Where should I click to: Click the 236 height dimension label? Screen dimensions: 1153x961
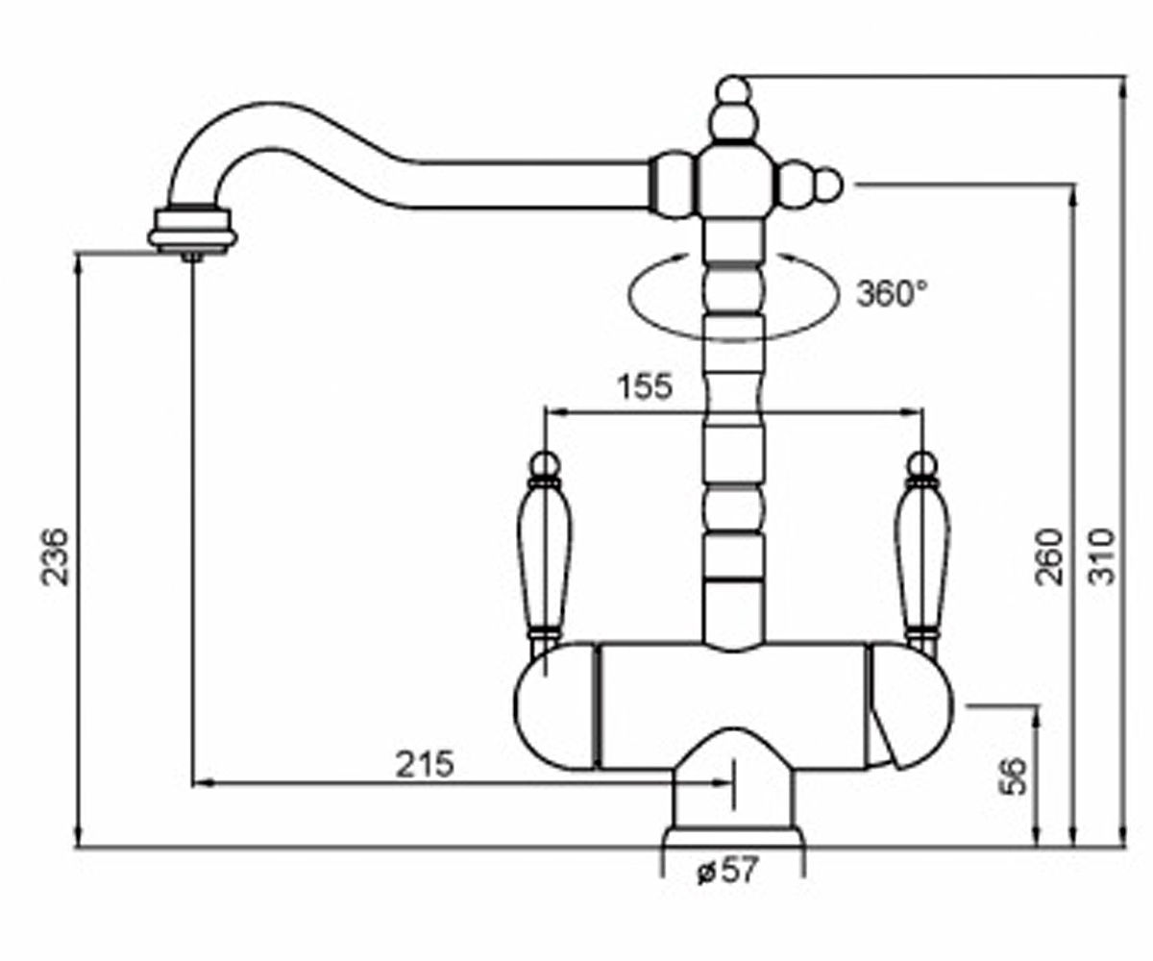pyautogui.click(x=55, y=556)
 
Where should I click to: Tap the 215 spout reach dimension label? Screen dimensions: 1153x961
pyautogui.click(x=424, y=764)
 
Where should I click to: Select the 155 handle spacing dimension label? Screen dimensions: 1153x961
pyautogui.click(x=645, y=386)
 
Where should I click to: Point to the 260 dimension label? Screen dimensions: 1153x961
pyautogui.click(x=1048, y=556)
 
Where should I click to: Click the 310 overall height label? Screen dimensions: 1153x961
pyautogui.click(x=1102, y=556)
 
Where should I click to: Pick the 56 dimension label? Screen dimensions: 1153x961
pyautogui.click(x=1014, y=776)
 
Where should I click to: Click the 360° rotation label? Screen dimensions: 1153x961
pyautogui.click(x=892, y=293)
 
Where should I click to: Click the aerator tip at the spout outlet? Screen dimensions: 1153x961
pyautogui.click(x=192, y=256)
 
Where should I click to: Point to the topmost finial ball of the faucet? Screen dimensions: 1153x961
pyautogui.click(x=733, y=91)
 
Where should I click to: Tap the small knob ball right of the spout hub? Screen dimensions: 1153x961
pyautogui.click(x=826, y=185)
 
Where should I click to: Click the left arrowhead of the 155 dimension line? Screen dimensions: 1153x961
pyautogui.click(x=553, y=411)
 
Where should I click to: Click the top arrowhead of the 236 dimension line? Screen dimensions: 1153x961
pyautogui.click(x=78, y=264)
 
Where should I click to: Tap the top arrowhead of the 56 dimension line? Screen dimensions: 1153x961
pyautogui.click(x=1037, y=716)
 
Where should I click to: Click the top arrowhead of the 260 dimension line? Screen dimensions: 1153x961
pyautogui.click(x=1073, y=195)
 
